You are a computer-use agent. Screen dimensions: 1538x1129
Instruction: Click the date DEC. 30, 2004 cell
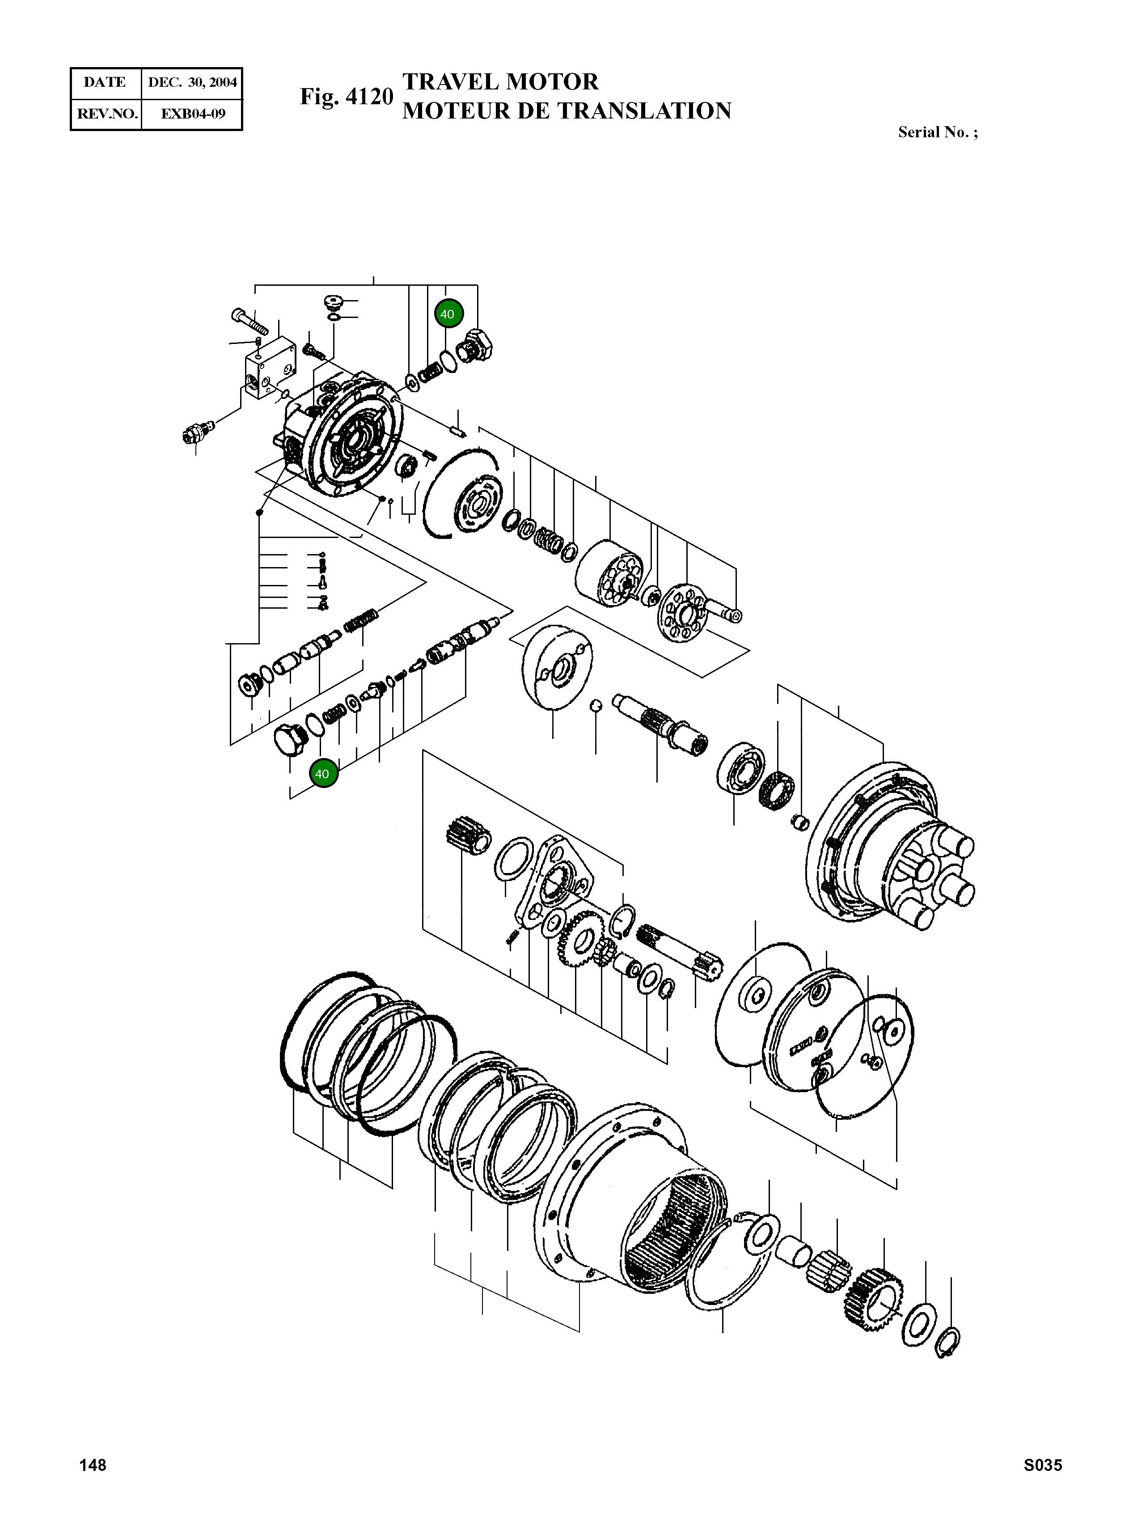192,83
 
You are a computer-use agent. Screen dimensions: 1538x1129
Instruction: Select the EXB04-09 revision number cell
192,114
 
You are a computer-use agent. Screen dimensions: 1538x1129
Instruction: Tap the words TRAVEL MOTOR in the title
500,82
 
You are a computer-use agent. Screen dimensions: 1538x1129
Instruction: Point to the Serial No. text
937,133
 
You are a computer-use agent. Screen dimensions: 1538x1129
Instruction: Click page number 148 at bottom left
93,1484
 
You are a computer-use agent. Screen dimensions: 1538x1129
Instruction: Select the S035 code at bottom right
1042,1484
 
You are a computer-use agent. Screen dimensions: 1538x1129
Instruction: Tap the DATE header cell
105,83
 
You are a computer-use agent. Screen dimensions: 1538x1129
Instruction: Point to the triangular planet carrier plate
555,882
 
